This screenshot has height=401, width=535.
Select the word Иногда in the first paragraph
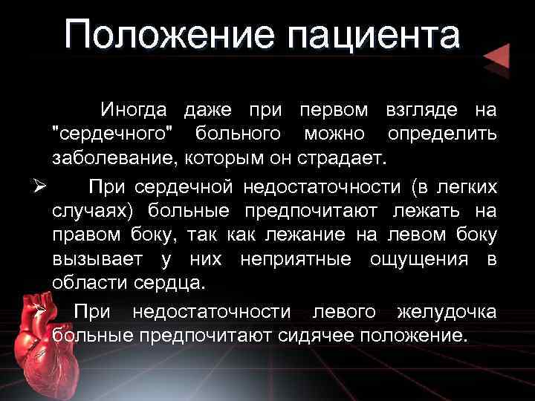[x=136, y=111]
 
